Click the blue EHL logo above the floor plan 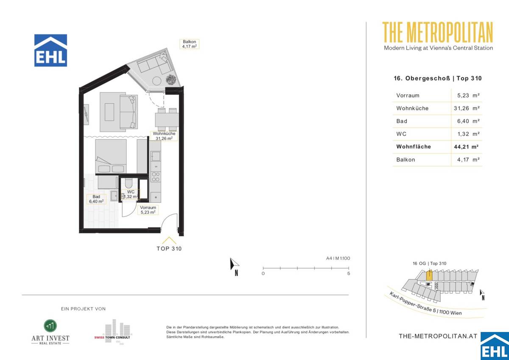(x=50, y=51)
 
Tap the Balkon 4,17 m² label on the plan (x=189, y=44)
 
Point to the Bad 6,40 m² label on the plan (x=96, y=199)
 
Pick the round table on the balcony (x=155, y=81)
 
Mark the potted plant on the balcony (x=171, y=79)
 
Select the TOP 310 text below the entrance (x=169, y=249)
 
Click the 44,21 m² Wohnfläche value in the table (x=467, y=147)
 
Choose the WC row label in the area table (x=401, y=134)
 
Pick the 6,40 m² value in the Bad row (x=467, y=121)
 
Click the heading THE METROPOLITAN (x=438, y=32)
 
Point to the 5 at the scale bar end (x=348, y=274)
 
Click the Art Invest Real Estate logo (x=50, y=332)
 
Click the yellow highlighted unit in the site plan (x=429, y=276)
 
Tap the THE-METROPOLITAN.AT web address (x=438, y=336)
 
